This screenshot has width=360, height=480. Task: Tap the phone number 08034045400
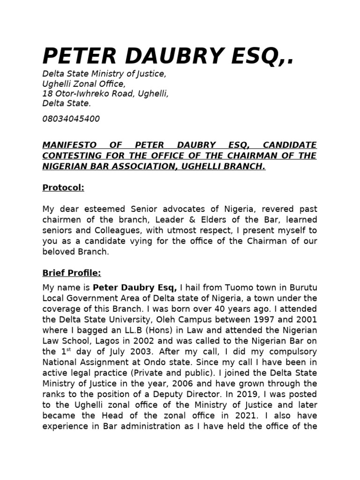click(71, 119)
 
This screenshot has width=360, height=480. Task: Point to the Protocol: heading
click(63, 187)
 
